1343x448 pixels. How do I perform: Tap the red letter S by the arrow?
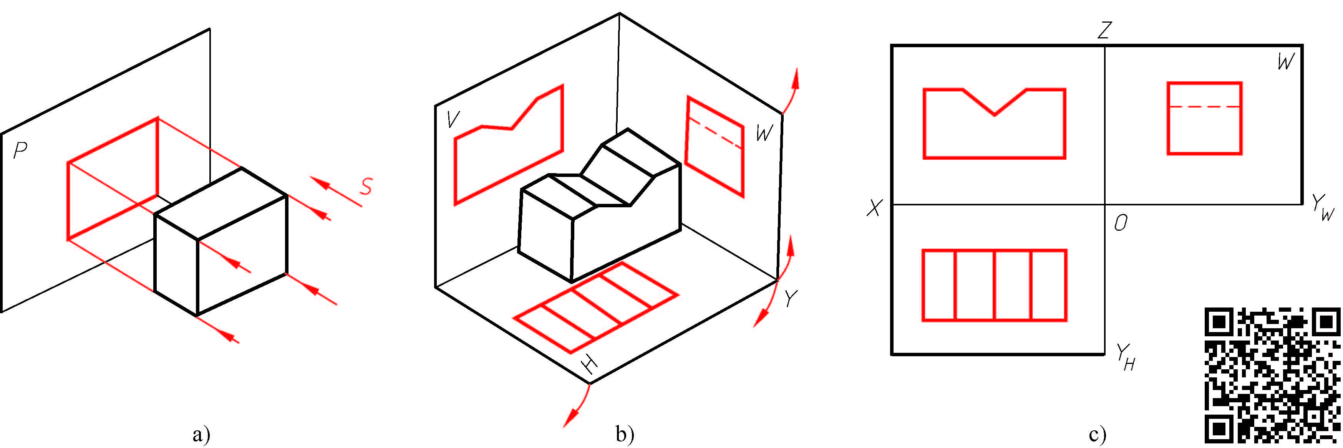coord(366,187)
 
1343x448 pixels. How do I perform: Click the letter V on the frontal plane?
coord(453,119)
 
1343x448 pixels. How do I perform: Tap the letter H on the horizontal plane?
coord(590,367)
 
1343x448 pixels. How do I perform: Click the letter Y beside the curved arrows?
coord(791,299)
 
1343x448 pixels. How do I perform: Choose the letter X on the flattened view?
coord(874,208)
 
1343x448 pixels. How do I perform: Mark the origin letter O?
coord(1120,223)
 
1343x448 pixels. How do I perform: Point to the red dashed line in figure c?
coord(1204,106)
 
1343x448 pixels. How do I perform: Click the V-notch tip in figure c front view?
coord(995,115)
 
